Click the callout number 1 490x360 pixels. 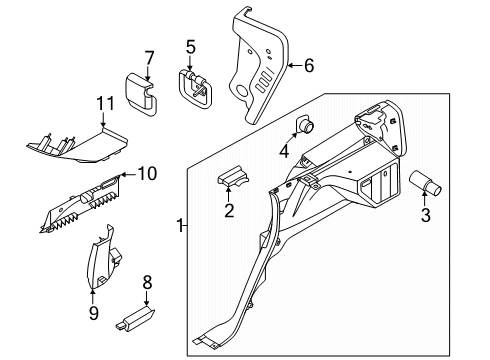180,227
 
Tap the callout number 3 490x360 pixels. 427,215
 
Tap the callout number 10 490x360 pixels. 147,174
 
